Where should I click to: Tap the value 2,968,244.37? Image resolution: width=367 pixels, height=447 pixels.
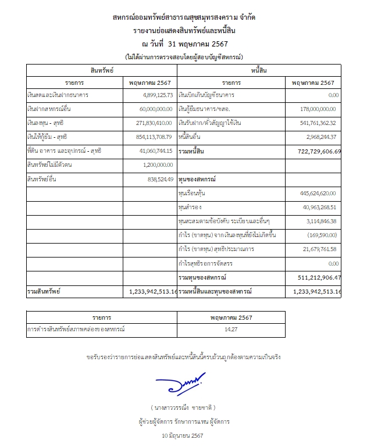(320, 137)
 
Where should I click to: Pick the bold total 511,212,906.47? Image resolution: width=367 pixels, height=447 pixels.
(318, 277)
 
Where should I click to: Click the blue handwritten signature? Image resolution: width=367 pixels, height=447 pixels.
(181, 382)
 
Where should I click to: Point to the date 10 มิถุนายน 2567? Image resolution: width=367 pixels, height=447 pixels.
(184, 435)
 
